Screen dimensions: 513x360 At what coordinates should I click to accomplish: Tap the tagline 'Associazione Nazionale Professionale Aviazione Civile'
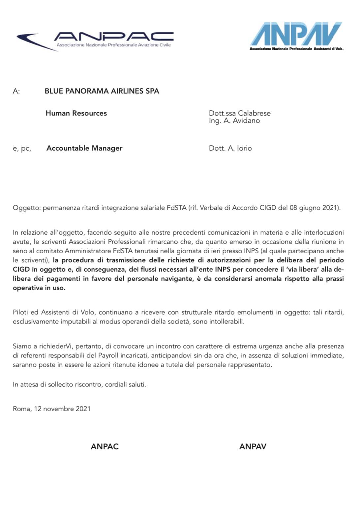pyautogui.click(x=114, y=45)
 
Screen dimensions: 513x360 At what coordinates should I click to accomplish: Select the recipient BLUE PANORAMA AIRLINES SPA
pyautogui.click(x=102, y=91)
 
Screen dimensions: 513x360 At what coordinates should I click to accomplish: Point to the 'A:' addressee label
pyautogui.click(x=16, y=91)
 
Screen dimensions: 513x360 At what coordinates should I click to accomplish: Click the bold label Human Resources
pyautogui.click(x=76, y=113)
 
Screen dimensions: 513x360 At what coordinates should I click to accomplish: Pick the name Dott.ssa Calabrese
pyautogui.click(x=240, y=113)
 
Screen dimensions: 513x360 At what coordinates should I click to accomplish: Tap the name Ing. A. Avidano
pyautogui.click(x=234, y=121)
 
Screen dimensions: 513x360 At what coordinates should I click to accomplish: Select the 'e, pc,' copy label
pyautogui.click(x=22, y=149)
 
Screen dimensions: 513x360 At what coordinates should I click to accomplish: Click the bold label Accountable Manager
pyautogui.click(x=84, y=148)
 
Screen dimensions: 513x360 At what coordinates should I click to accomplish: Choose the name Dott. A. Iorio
pyautogui.click(x=230, y=148)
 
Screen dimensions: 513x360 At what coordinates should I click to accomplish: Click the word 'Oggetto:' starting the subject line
pyautogui.click(x=27, y=208)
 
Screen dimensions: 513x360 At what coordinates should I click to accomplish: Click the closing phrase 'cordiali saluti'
pyautogui.click(x=125, y=384)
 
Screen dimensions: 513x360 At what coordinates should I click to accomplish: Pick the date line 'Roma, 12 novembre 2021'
pyautogui.click(x=51, y=409)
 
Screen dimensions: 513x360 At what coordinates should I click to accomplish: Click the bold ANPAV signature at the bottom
pyautogui.click(x=253, y=447)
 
